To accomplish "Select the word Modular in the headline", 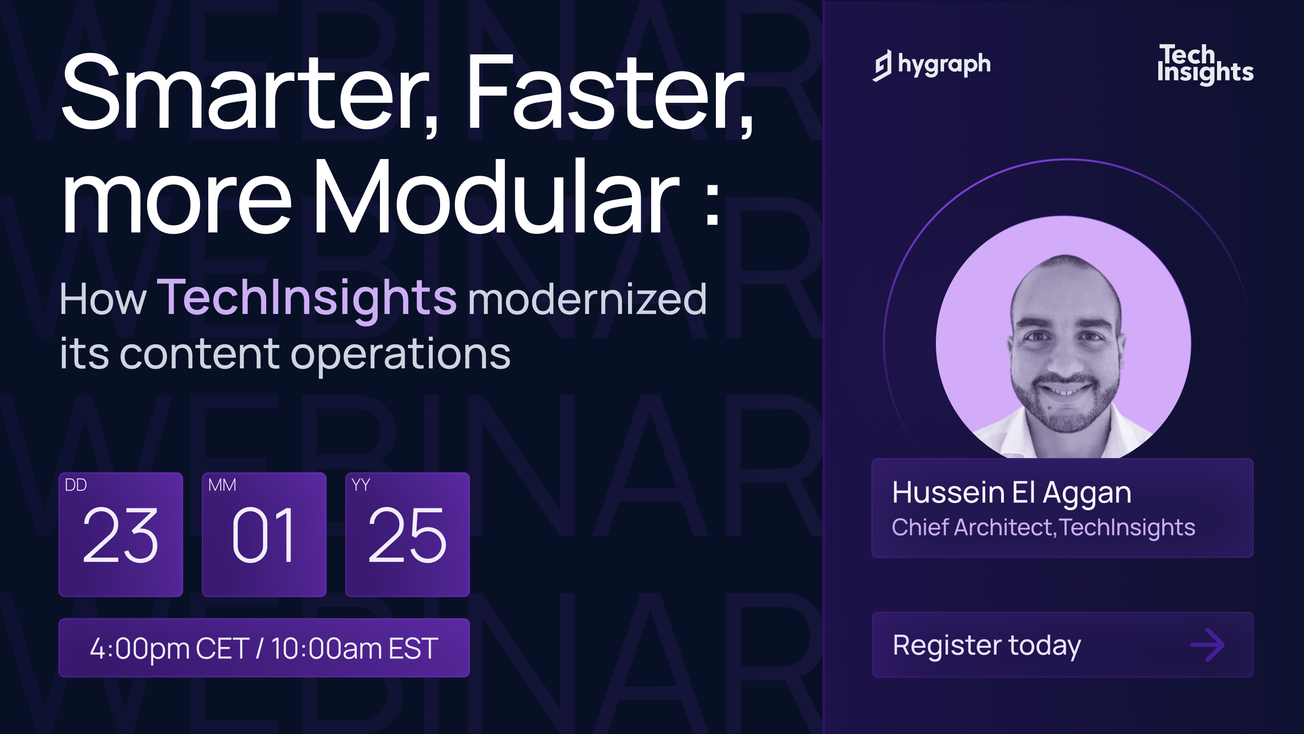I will [496, 198].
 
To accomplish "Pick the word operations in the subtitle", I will [400, 355].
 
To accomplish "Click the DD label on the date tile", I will [76, 485].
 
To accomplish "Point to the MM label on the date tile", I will [222, 485].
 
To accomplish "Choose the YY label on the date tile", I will [360, 485].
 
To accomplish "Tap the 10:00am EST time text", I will [355, 648].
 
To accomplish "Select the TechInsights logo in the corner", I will [1205, 65].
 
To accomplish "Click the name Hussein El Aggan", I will [1012, 493].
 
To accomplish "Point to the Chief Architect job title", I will [972, 527].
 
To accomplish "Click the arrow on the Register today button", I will [1208, 645].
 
